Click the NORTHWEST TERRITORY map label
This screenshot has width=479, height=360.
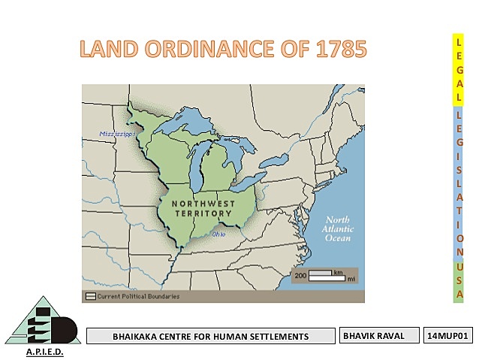(x=202, y=208)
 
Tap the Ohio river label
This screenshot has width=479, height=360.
(x=218, y=234)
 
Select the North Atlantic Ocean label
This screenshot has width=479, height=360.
(x=337, y=228)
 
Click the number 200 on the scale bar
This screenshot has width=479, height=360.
(x=300, y=276)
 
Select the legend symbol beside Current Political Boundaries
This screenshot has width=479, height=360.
(x=91, y=296)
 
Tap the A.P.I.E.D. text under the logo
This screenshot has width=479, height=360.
(x=45, y=352)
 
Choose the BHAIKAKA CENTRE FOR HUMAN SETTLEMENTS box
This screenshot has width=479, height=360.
(x=210, y=336)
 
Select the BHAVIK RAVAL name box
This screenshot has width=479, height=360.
(x=379, y=335)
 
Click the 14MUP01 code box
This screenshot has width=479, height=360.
(x=448, y=335)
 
